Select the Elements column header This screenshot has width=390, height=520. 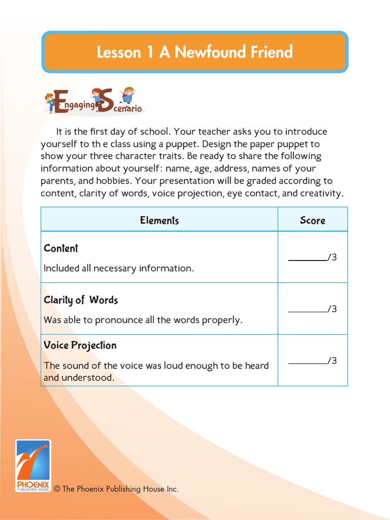coord(159,220)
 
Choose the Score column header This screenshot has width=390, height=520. coord(312,220)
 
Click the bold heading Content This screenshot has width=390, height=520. coord(61,248)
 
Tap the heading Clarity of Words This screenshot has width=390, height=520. coord(81,300)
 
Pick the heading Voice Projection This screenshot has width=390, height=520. coord(80,345)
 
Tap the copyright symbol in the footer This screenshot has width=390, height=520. coord(57,489)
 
